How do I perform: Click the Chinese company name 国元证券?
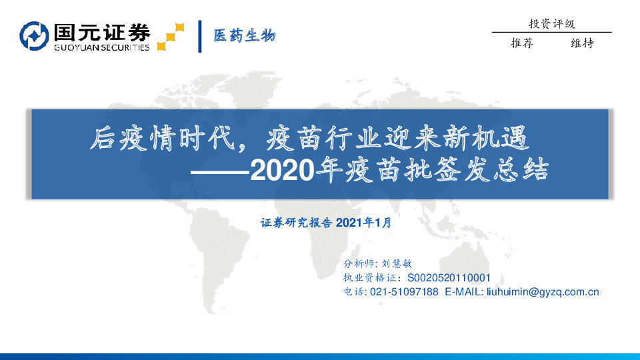(101, 31)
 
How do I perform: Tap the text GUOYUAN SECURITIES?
(101, 47)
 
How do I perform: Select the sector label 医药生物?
(244, 36)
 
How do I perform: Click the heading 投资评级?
(551, 24)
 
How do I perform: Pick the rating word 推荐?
(521, 43)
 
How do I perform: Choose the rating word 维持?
(582, 43)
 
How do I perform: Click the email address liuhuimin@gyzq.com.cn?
(543, 292)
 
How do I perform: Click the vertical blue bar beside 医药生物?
(200, 36)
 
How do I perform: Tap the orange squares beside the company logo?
(170, 37)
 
